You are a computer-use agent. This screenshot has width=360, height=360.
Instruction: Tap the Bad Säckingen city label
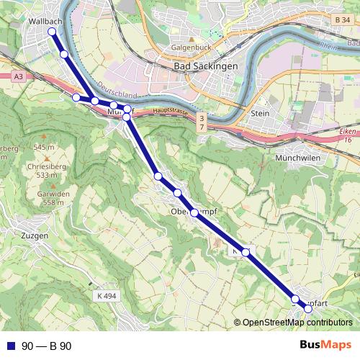coord(206,66)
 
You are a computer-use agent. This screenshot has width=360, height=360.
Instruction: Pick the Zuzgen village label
coord(35,235)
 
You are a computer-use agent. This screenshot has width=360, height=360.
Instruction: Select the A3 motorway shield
coord(18,76)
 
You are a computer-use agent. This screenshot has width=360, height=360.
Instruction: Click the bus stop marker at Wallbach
coord(51,32)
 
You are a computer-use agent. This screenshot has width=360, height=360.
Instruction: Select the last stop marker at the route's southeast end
coord(308,308)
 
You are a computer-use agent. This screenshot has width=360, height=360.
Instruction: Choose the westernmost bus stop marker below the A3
coord(76,97)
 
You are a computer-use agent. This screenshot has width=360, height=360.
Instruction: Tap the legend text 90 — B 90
coord(48,346)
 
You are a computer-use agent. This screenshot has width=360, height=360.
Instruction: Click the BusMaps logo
coord(325,345)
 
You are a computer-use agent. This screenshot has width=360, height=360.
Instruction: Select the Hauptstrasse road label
coord(170,111)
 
